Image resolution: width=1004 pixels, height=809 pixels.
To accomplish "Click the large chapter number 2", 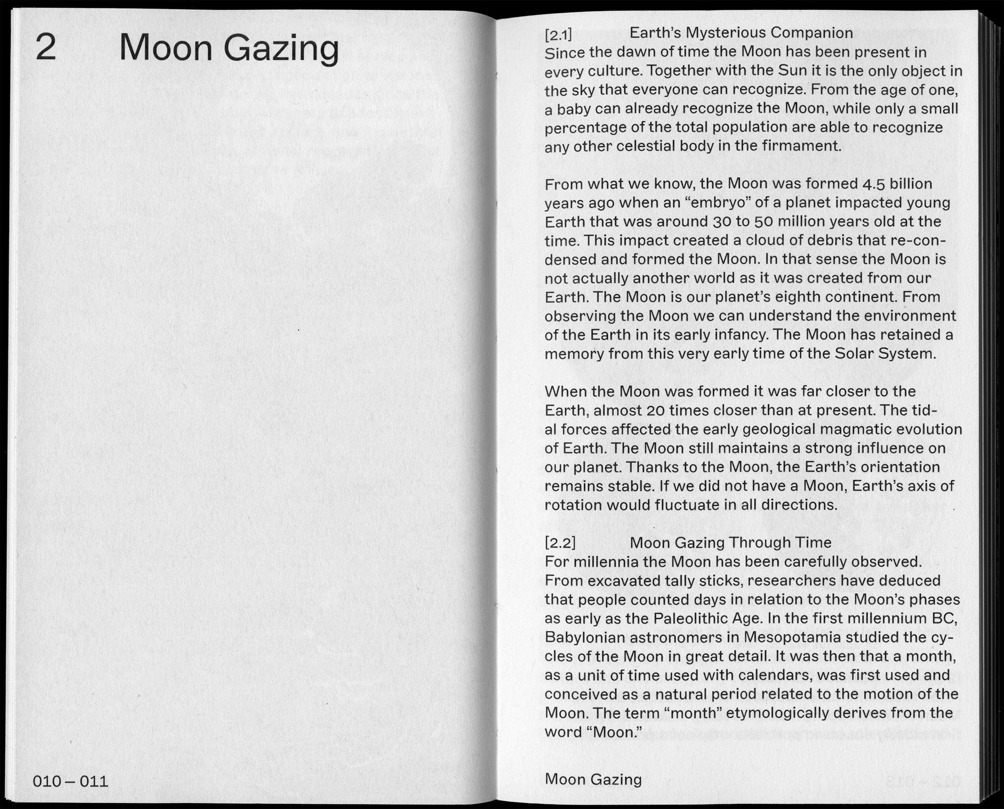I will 46,48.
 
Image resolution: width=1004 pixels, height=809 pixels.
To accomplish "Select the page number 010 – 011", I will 71,781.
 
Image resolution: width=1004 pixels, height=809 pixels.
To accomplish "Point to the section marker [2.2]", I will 560,543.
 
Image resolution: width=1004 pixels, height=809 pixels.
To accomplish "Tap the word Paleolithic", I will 691,619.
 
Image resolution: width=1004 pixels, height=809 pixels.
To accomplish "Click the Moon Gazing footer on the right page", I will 593,779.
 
